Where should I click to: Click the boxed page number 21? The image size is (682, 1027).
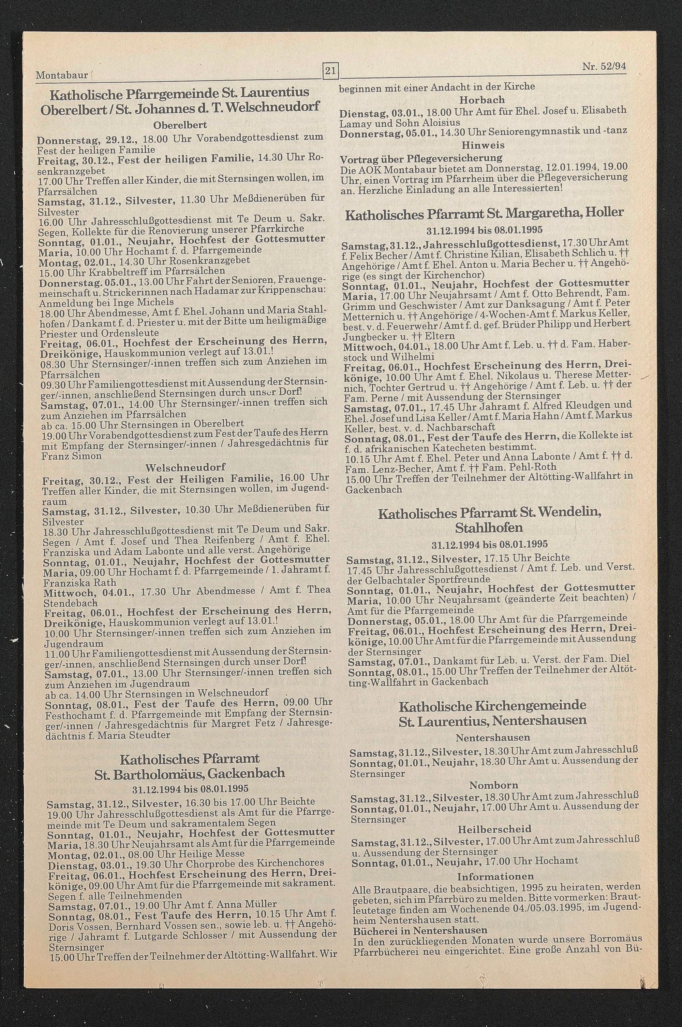tap(330, 70)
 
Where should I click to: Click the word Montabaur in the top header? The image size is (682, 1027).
tap(61, 75)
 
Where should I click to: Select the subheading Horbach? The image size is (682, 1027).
tap(482, 100)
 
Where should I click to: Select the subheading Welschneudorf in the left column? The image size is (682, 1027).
tap(186, 467)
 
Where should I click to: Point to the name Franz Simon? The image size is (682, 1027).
tap(71, 456)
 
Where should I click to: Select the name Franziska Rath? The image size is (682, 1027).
tap(79, 582)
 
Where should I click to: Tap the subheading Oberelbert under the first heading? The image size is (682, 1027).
tap(180, 125)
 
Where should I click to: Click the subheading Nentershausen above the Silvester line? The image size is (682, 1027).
tap(493, 737)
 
